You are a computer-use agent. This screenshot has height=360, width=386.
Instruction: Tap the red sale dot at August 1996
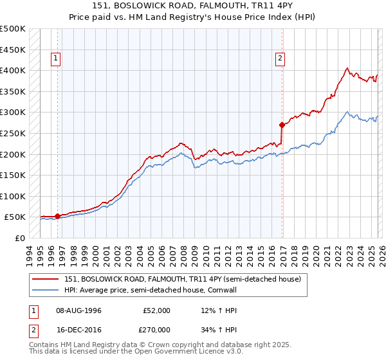pos(57,216)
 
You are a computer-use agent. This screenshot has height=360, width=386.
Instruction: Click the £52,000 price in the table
pos(156,310)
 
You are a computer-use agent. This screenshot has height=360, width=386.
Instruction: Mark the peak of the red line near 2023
pos(347,67)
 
